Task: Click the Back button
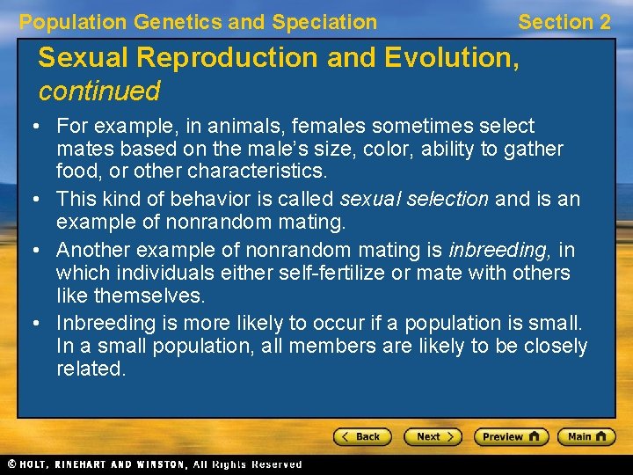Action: pos(361,436)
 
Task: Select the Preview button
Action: pos(511,436)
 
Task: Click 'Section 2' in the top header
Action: pos(564,22)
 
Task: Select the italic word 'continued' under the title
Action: pos(98,91)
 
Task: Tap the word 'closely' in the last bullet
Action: pos(553,347)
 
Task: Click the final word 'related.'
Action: pos(91,369)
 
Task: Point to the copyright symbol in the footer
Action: pos(11,464)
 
